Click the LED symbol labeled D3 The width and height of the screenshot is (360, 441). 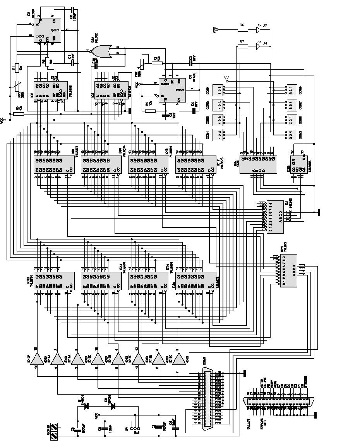[259, 29]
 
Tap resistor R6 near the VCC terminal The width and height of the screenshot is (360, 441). [242, 29]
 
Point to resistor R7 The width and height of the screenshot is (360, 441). [242, 46]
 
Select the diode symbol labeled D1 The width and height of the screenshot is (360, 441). [86, 406]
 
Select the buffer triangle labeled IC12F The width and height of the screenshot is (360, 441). [38, 359]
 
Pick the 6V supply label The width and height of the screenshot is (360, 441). [226, 77]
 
